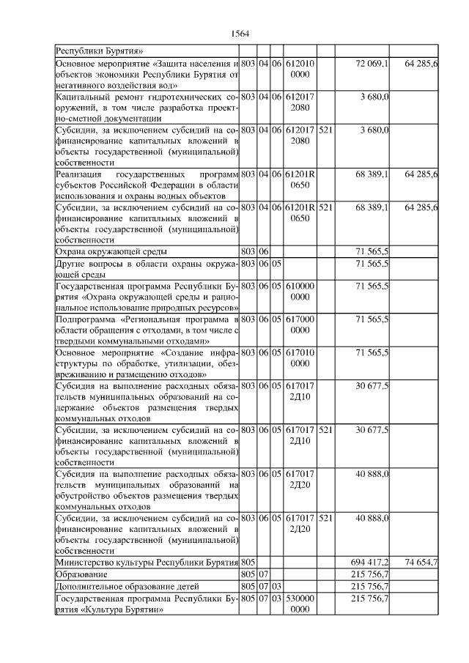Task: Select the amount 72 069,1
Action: pos(372,64)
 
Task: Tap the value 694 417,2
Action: pos(370,561)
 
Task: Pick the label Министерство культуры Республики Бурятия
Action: pos(147,561)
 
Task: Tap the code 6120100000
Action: pos(300,70)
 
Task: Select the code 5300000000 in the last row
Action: pos(300,604)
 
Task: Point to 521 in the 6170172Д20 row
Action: pos(326,518)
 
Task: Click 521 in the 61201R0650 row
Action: pos(326,208)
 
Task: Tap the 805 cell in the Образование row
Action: pos(248,574)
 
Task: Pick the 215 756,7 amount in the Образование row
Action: pos(370,574)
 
